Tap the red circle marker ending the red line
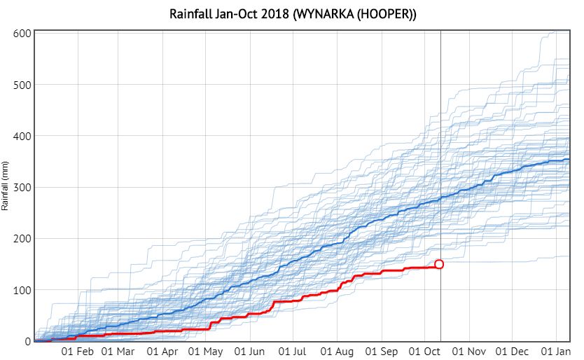tap(439, 264)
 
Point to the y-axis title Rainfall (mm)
tap(5, 186)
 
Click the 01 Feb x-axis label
tap(77, 351)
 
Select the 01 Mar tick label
tap(118, 351)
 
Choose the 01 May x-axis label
tap(205, 351)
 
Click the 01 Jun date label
tap(249, 351)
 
